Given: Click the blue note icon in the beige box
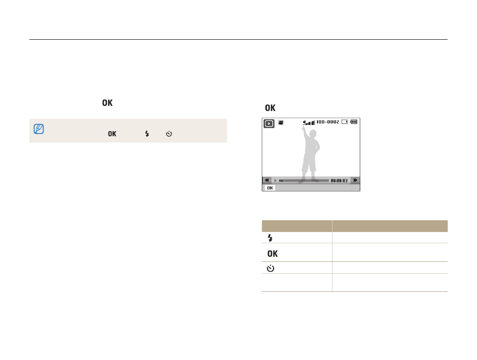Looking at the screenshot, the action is (x=39, y=129).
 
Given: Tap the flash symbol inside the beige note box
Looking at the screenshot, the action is (x=147, y=134).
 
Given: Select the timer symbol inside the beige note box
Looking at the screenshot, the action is (x=169, y=134).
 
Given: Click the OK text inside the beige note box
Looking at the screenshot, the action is (x=112, y=134).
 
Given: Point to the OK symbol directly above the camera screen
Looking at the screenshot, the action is (x=270, y=108).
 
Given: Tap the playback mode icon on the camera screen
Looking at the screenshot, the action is (x=269, y=123).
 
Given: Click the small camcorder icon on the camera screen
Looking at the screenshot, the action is (x=281, y=122).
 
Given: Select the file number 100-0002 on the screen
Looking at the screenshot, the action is (x=328, y=122).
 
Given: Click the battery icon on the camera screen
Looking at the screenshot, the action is (x=354, y=122).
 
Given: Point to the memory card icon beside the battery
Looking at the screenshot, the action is (x=344, y=122).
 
